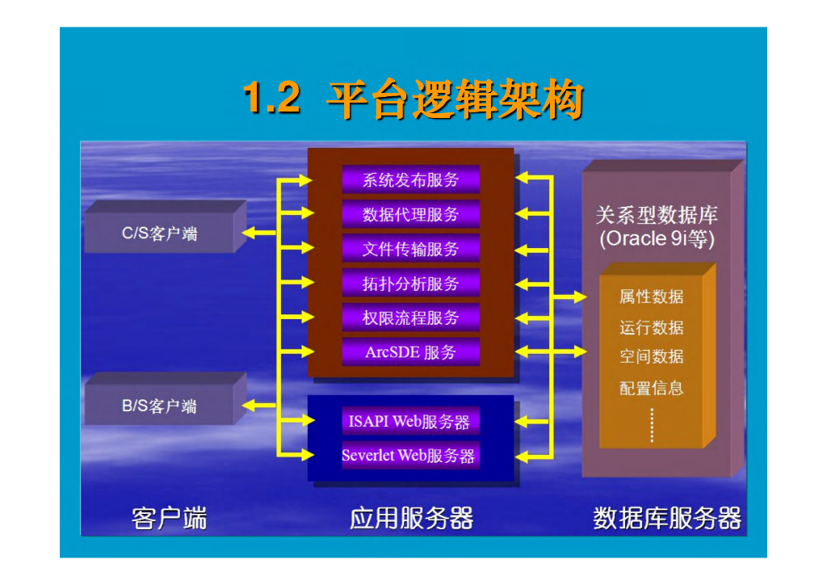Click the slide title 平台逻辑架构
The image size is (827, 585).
454,101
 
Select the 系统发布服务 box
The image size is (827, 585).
410,179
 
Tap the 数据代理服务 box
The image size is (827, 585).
410,214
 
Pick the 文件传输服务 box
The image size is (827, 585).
410,248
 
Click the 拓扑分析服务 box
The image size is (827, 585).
410,283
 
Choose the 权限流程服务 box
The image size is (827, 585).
410,318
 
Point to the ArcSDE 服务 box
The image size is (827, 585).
410,352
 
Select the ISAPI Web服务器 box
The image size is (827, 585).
409,421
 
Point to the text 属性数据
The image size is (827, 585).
651,297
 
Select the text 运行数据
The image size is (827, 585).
651,327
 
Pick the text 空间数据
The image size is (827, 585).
651,356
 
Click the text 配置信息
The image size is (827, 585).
651,388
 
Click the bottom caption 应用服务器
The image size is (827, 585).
411,518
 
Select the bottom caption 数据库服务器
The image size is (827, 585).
666,518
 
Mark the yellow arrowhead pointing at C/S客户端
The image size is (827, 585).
248,233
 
